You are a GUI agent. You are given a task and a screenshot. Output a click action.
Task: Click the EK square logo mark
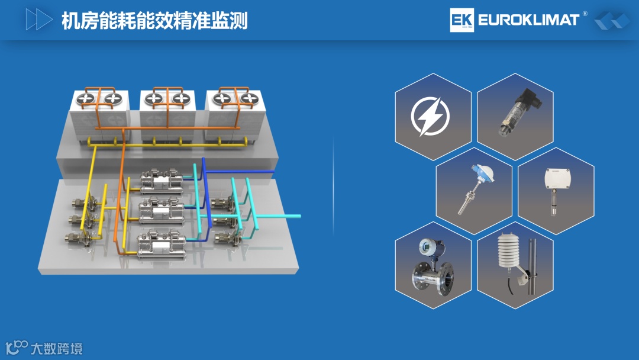[x=461, y=20]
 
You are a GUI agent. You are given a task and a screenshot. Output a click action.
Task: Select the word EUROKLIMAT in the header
[x=528, y=20]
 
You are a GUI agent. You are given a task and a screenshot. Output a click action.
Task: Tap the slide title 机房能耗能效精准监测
[x=154, y=21]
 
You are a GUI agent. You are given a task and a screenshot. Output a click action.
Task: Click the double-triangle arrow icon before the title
[x=39, y=20]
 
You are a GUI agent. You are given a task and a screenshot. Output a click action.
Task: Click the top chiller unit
[x=162, y=181]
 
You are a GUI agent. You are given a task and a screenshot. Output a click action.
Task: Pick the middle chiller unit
[x=162, y=210]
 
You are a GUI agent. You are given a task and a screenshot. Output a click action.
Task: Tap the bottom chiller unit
[x=161, y=243]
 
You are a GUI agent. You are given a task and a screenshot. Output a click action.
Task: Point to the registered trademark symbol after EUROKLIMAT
[x=585, y=14]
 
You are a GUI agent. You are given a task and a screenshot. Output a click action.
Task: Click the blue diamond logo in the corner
[x=612, y=21]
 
